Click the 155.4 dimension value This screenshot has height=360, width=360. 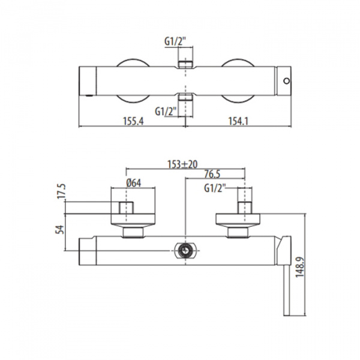pos(133,121)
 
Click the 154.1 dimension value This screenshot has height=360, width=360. pos(238,121)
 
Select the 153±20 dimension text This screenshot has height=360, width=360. pos(182,164)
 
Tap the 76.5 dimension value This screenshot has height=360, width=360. pos(212,174)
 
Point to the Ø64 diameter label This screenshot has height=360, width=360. pos(134,183)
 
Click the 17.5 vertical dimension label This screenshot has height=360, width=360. pos(61,191)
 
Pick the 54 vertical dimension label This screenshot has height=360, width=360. pos(59,230)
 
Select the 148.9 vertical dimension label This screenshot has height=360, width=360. pos(299,267)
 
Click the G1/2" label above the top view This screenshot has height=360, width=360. pos(175,41)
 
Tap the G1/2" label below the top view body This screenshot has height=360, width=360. pos(166,112)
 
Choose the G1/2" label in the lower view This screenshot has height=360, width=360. pos(215,188)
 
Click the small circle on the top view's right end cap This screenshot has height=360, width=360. pos(287,81)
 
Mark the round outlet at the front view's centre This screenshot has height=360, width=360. pos(185,250)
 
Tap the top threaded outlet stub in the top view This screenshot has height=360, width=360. pos(185,65)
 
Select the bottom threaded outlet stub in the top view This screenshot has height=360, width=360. pos(185,97)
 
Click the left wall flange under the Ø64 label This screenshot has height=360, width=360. pos(133,220)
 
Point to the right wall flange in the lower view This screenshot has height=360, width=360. pos(238,220)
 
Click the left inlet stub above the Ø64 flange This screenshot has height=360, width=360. pos(126,208)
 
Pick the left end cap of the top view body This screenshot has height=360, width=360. pos(88,81)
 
